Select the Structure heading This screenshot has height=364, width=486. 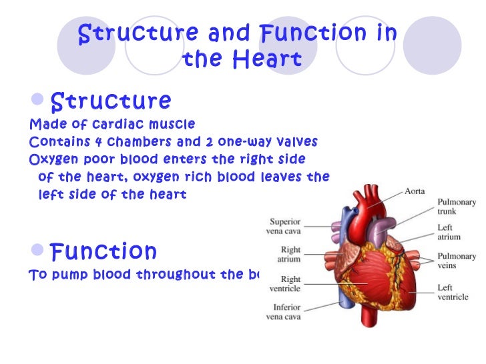[x=111, y=101]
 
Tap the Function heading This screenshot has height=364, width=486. [x=103, y=251]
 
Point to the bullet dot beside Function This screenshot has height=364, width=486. [x=39, y=251]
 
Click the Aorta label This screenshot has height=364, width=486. [x=418, y=190]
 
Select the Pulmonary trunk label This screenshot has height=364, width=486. [x=456, y=205]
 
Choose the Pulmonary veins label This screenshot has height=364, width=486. [x=456, y=260]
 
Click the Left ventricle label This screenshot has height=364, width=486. [x=452, y=291]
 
